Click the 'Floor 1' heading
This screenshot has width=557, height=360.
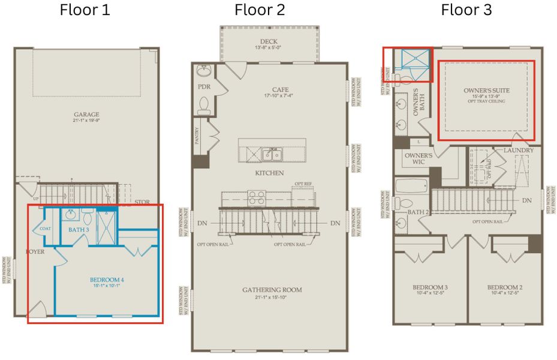pyautogui.click(x=85, y=10)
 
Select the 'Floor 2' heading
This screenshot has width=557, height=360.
pyautogui.click(x=260, y=10)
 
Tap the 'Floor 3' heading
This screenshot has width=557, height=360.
pyautogui.click(x=466, y=10)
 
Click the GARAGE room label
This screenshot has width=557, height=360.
pyautogui.click(x=86, y=115)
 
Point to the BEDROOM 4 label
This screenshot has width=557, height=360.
pyautogui.click(x=107, y=280)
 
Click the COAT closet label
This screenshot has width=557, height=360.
pyautogui.click(x=46, y=229)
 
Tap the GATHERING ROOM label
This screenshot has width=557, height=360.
pyautogui.click(x=272, y=290)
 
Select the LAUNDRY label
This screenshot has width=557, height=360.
pyautogui.click(x=516, y=149)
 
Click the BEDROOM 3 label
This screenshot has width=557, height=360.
pyautogui.click(x=429, y=287)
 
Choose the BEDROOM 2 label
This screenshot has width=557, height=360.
pyautogui.click(x=505, y=287)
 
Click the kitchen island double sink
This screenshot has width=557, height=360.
pyautogui.click(x=273, y=154)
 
